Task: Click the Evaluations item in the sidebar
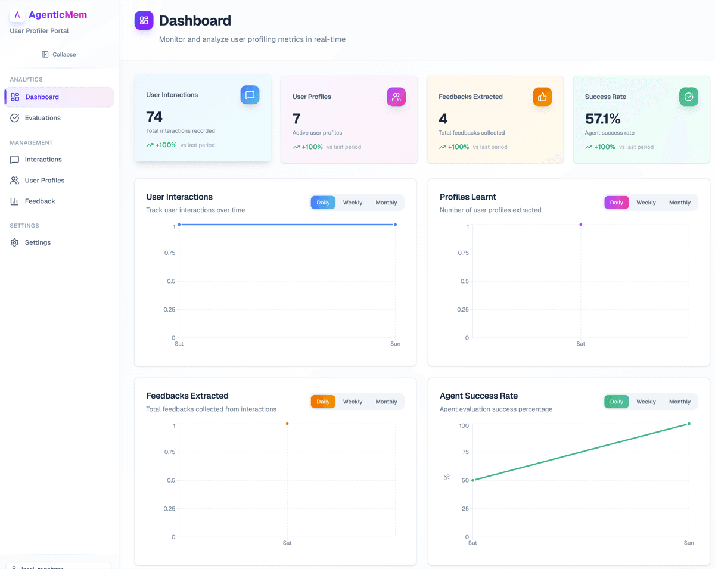(42, 118)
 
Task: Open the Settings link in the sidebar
(38, 242)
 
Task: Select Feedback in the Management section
(40, 201)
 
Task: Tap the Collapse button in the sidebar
(59, 54)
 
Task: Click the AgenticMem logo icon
(17, 15)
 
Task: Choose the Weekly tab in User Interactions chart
(353, 203)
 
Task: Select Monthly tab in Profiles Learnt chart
(679, 203)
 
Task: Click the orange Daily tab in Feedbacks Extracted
(323, 402)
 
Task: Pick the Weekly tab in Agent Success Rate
(646, 402)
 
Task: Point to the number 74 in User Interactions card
(154, 117)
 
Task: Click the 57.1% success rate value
(602, 119)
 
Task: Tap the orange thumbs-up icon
(542, 97)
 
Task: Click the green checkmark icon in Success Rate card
(689, 97)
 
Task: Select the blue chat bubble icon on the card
(250, 95)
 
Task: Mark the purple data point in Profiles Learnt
(581, 225)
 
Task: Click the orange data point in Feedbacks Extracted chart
(287, 424)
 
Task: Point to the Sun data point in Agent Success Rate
(689, 424)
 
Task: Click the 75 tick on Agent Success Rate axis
(464, 452)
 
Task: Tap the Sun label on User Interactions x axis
(395, 344)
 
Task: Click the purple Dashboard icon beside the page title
(144, 21)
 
